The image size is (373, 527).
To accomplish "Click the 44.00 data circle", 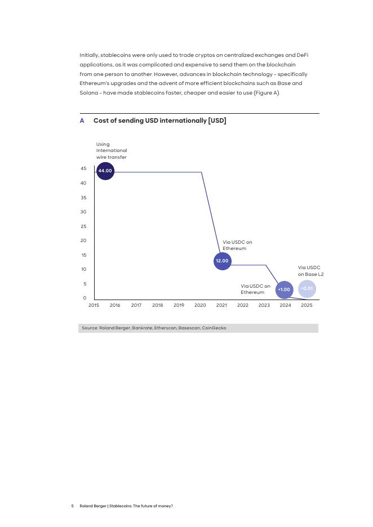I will click(x=105, y=171).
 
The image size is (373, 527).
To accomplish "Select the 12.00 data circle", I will click(x=223, y=261).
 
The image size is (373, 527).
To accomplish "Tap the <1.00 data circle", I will click(x=284, y=290).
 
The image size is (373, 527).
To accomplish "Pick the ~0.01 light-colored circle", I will click(x=307, y=289).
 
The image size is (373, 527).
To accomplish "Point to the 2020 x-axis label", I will click(x=200, y=306).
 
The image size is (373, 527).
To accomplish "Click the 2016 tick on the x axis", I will click(x=115, y=306).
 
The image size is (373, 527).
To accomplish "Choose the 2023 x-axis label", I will click(x=264, y=306).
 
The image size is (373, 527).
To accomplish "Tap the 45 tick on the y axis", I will click(x=83, y=169).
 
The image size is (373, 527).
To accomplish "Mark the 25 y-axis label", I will click(x=83, y=226).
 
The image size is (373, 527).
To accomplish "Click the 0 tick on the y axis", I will click(x=85, y=298).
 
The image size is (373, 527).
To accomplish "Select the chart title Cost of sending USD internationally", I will click(x=159, y=121).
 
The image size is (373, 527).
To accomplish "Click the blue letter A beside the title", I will click(x=82, y=121).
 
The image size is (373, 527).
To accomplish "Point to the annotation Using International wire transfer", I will click(x=112, y=151).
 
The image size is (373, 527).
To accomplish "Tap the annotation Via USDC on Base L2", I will click(x=310, y=271).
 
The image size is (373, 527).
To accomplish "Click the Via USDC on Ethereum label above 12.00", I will click(x=237, y=245).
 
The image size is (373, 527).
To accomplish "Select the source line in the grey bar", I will click(x=154, y=328).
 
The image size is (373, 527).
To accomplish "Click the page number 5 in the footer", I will click(x=73, y=506).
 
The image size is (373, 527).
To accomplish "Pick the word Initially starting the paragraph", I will click(x=88, y=55).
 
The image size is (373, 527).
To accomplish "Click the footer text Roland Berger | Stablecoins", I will click(x=126, y=506).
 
